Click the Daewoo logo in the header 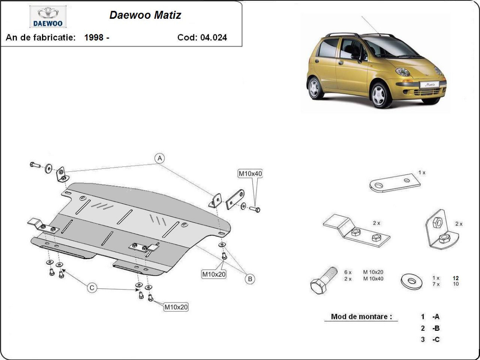pos(48,17)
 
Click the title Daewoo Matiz pos(145,15)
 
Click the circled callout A pos(160,158)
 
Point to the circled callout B pos(250,279)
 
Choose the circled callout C pos(92,288)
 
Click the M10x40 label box pos(250,174)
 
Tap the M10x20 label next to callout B pos(214,274)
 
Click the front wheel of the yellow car pos(380,95)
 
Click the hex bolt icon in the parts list pos(324,278)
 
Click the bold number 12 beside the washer pos(456,278)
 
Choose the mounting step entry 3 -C pos(430,340)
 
